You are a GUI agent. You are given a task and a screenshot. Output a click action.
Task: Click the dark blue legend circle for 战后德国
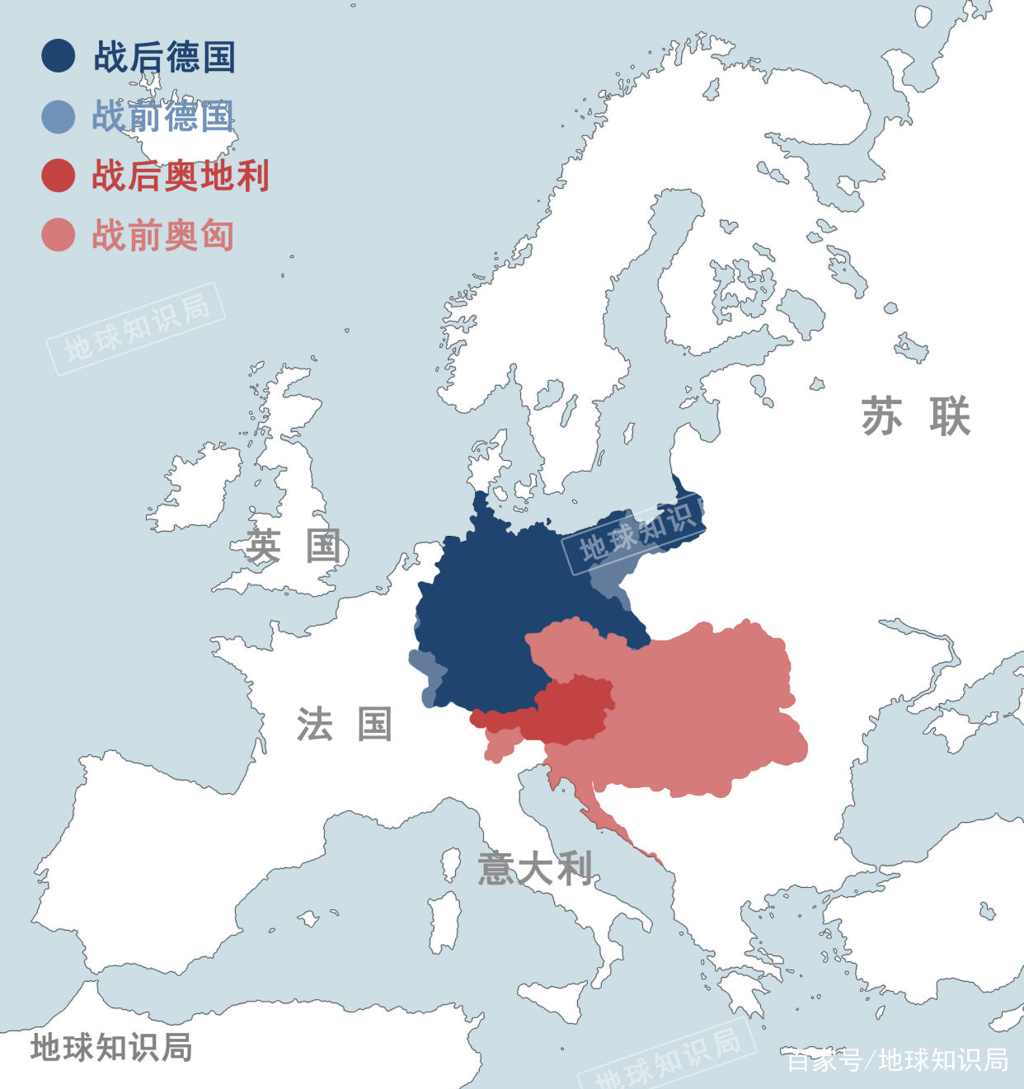coord(59,56)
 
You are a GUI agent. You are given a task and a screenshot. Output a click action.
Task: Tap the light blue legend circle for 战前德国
coord(59,116)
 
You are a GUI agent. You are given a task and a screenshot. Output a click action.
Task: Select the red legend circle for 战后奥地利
coord(59,176)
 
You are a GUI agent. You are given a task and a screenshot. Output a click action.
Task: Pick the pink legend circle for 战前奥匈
coord(59,235)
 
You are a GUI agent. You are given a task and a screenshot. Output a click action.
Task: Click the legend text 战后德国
coord(164,57)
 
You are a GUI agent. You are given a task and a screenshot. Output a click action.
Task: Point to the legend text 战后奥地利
coord(181,176)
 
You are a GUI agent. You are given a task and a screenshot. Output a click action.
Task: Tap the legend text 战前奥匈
coord(163,235)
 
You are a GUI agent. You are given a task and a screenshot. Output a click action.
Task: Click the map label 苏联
coord(915,416)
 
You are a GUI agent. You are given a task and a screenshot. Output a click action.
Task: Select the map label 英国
coord(294,546)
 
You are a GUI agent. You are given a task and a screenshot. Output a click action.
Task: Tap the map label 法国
coord(345,725)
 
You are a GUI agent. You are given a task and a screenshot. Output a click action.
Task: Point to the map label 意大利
coord(535,869)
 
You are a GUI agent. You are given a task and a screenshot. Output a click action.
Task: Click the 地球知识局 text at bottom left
coord(111,1048)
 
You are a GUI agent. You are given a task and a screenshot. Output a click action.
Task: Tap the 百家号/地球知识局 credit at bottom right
coord(897,1060)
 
